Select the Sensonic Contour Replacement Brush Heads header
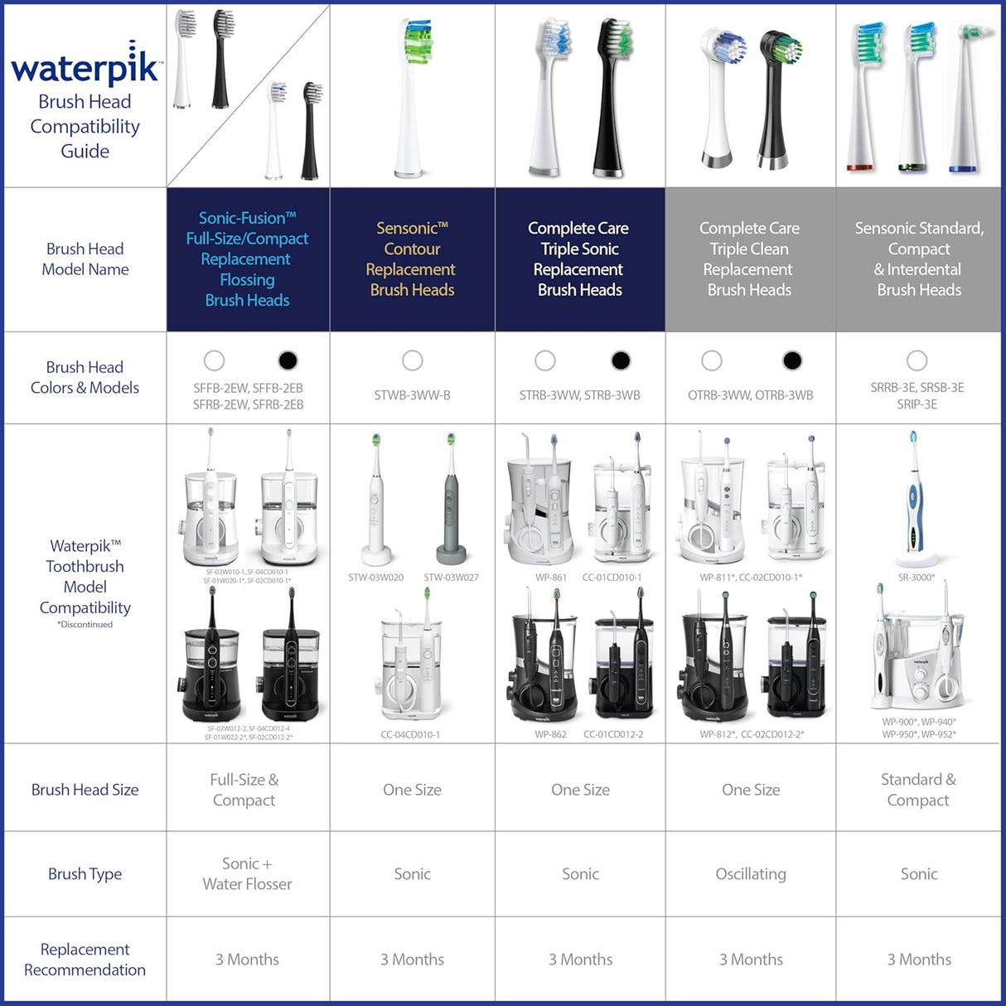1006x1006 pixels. pos(412,259)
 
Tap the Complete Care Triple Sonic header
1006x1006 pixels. pos(579,259)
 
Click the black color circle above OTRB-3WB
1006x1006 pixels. pos(792,360)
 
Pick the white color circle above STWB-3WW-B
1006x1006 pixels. pos(412,360)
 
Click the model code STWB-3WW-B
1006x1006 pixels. pos(412,395)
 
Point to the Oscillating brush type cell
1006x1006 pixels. pos(750,873)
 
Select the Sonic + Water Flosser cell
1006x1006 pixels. pos(247,873)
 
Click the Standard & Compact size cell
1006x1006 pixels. pos(918,790)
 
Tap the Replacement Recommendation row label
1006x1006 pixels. pos(85,959)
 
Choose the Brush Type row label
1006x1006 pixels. pos(85,873)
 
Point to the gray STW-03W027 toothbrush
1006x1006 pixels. pos(452,497)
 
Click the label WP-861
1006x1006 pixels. pos(551,578)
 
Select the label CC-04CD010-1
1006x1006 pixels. pos(410,734)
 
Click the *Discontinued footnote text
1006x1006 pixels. pos(85,625)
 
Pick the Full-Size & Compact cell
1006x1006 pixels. pos(244,790)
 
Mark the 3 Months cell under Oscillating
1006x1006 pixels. pos(750,959)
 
